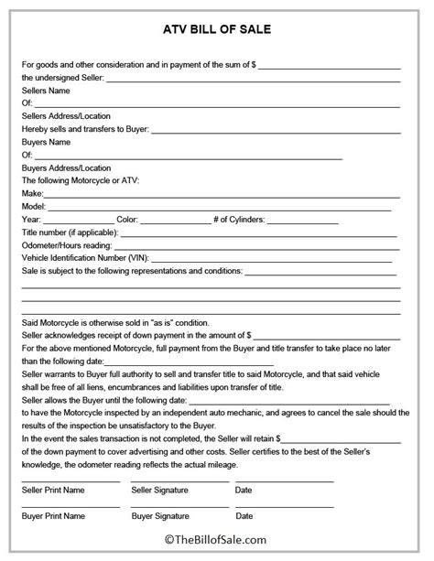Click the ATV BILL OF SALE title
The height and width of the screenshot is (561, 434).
[217, 29]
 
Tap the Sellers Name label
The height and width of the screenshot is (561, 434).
[46, 92]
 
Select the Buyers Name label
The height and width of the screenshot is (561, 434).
[46, 143]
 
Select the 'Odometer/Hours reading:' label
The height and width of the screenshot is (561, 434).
[67, 246]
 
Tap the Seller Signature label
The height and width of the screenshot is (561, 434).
[163, 491]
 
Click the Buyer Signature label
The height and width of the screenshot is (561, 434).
[162, 516]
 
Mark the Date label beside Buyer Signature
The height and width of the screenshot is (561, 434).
[244, 516]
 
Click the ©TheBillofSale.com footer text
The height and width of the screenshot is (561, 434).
[217, 543]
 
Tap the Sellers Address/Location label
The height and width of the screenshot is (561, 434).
[65, 117]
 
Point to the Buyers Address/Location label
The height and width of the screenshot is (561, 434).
[65, 168]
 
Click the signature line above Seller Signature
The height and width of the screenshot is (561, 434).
[174, 480]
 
